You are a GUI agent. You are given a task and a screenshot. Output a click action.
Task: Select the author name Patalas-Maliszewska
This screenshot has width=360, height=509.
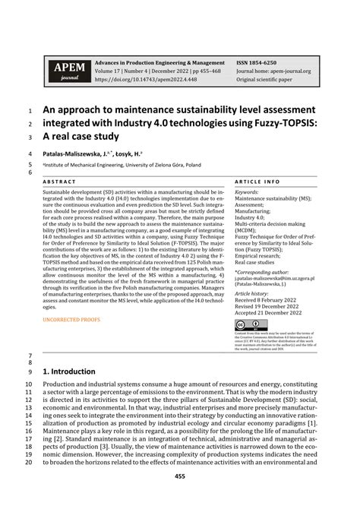coord(78,153)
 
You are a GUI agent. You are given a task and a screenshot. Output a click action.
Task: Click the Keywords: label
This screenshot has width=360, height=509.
coord(247,193)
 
